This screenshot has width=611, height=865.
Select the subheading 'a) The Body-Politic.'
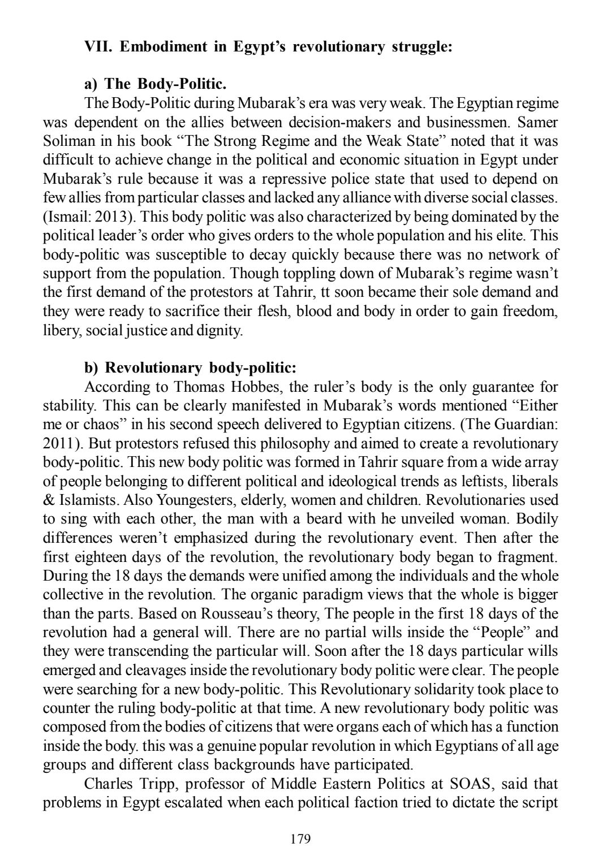[156, 85]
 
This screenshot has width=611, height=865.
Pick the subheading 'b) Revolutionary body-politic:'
[190, 369]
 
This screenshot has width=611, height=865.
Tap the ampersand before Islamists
[49, 501]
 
